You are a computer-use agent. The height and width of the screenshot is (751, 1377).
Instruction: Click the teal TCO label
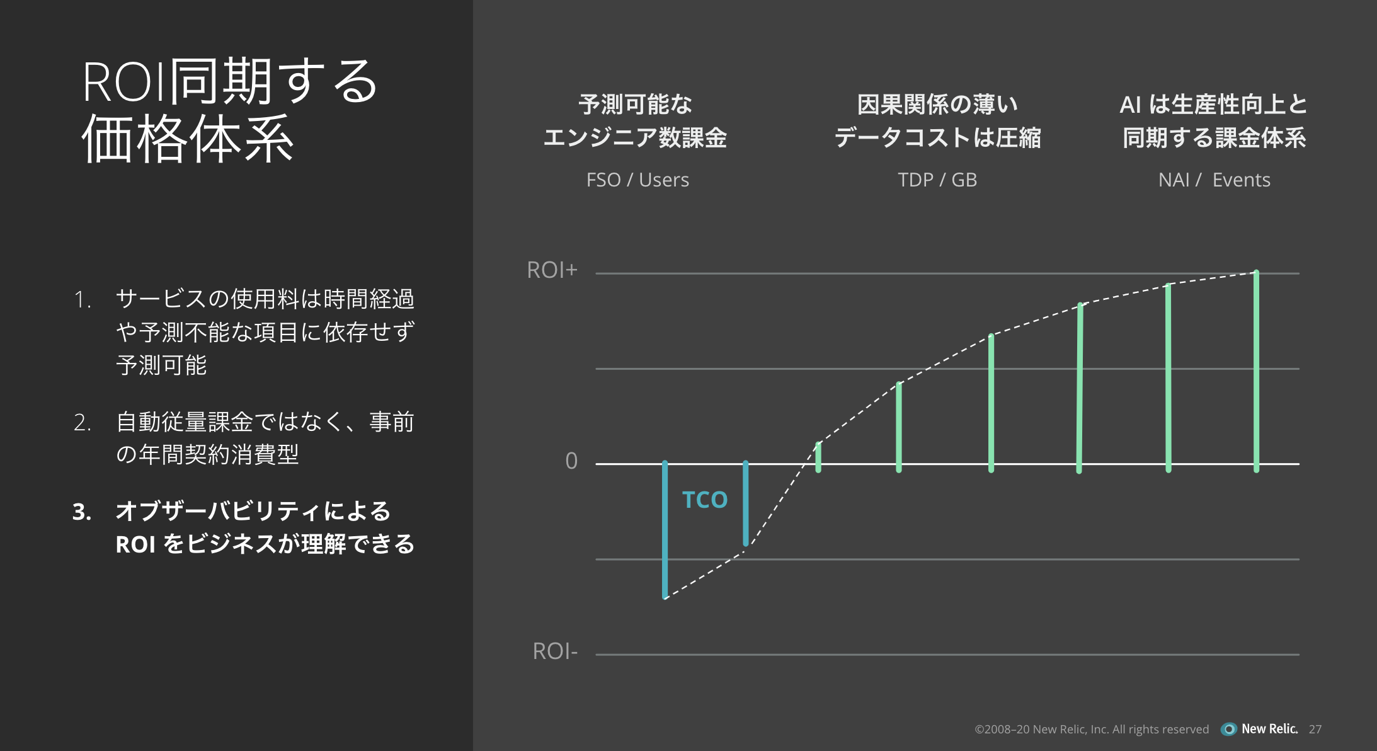[x=705, y=500]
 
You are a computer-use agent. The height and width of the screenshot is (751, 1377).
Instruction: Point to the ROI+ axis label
[x=552, y=270]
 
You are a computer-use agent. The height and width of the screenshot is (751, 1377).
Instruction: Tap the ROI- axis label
[x=555, y=651]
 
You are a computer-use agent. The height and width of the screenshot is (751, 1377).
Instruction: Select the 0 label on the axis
[x=571, y=461]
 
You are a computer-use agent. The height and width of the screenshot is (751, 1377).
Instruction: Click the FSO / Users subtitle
[x=637, y=180]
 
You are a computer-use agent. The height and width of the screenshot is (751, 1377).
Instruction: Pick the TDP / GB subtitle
[x=937, y=180]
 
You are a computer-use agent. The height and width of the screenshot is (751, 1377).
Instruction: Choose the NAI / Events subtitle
[x=1214, y=180]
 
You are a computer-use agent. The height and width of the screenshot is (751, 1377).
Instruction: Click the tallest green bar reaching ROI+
[x=1256, y=371]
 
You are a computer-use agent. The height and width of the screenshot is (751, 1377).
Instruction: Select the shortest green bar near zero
[x=818, y=457]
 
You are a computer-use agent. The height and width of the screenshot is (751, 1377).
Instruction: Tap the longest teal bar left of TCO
[x=665, y=529]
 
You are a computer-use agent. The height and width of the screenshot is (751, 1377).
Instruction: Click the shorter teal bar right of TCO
[x=746, y=503]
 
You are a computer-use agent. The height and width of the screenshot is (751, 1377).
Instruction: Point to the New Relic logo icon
[x=1228, y=729]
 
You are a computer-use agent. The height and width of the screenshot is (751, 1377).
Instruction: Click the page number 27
[x=1315, y=729]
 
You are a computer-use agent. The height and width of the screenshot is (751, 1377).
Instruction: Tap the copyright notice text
[x=1092, y=729]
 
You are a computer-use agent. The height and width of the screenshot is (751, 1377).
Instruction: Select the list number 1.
[x=83, y=299]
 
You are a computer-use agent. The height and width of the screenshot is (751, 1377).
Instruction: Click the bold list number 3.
[x=82, y=512]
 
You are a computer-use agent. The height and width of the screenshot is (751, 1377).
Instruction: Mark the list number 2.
[x=83, y=422]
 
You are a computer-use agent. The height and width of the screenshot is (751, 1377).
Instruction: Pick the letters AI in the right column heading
[x=1131, y=105]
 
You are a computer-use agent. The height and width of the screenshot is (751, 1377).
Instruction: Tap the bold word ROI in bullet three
[x=135, y=544]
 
